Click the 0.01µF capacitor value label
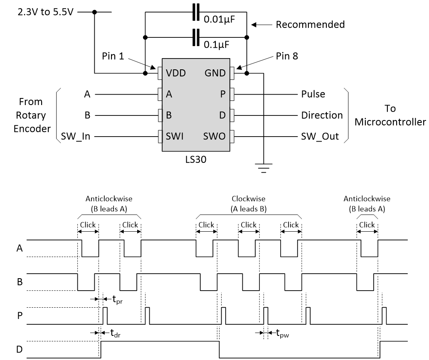coord(219,20)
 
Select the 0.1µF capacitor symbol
coord(196,37)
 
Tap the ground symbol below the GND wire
coord(264,168)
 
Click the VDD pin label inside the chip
coord(176,73)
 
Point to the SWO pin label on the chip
coord(214,136)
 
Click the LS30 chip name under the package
coord(196,159)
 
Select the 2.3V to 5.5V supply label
coord(45,12)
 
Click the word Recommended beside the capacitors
coord(310,24)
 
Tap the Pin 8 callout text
coord(287,56)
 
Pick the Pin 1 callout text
coord(113,56)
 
